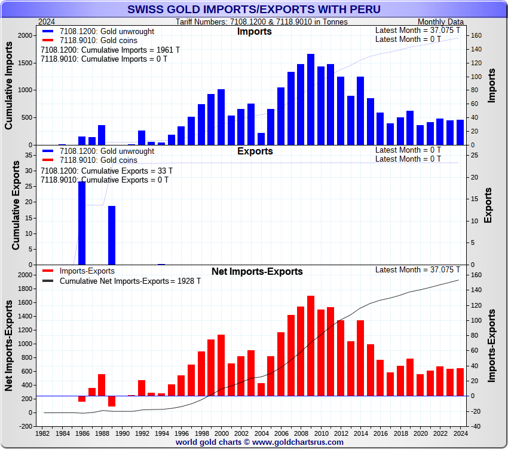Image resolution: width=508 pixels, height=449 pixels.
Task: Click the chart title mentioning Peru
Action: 254,10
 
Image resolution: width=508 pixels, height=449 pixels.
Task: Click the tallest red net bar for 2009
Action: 311,345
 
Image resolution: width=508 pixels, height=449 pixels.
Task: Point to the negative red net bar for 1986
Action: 82,399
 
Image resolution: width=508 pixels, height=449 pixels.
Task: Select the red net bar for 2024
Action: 460,382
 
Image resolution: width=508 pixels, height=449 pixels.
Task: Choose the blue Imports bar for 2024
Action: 460,132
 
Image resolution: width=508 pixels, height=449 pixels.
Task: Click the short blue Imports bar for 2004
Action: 261,139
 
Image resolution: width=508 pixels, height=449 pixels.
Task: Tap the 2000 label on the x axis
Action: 222,433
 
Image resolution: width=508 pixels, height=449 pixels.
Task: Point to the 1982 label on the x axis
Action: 43,433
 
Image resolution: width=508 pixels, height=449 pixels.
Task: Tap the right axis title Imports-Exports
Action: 492,346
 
